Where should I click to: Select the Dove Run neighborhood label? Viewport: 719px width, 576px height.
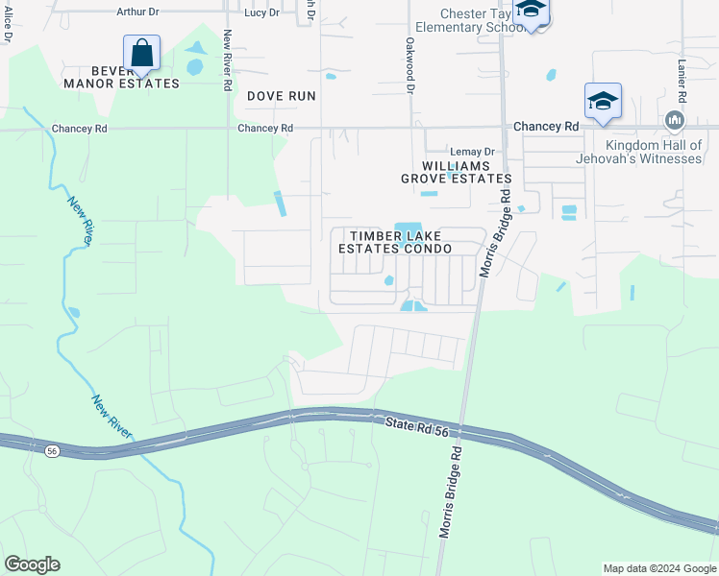[282, 96]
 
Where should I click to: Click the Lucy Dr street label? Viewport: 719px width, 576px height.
[261, 12]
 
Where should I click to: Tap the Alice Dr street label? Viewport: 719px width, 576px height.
[8, 24]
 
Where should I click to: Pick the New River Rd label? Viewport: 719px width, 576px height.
[228, 60]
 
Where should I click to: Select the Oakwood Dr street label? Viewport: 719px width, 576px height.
[410, 65]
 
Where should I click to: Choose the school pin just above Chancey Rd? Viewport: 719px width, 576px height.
[603, 101]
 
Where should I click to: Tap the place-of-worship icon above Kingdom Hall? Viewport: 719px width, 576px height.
[673, 120]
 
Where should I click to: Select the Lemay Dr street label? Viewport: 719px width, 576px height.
[472, 152]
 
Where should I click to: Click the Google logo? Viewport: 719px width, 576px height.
[32, 564]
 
